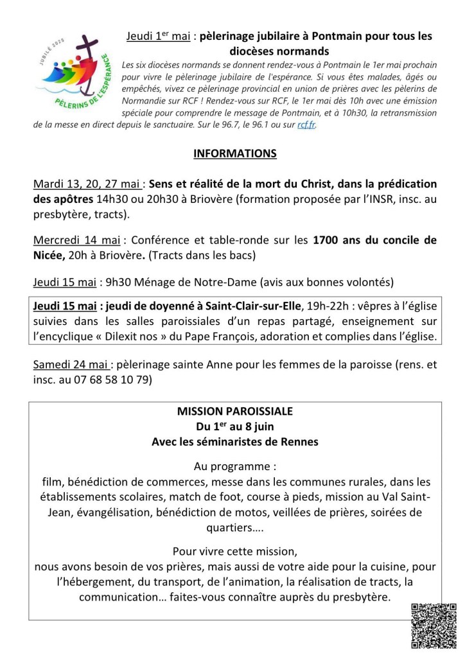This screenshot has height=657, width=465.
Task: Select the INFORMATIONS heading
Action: [234, 154]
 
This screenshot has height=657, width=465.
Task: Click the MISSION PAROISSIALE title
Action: [234, 411]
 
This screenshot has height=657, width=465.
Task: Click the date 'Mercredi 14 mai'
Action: [76, 241]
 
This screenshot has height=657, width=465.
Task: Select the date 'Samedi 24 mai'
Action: [71, 365]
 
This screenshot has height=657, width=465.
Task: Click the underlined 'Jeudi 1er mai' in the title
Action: [158, 37]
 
